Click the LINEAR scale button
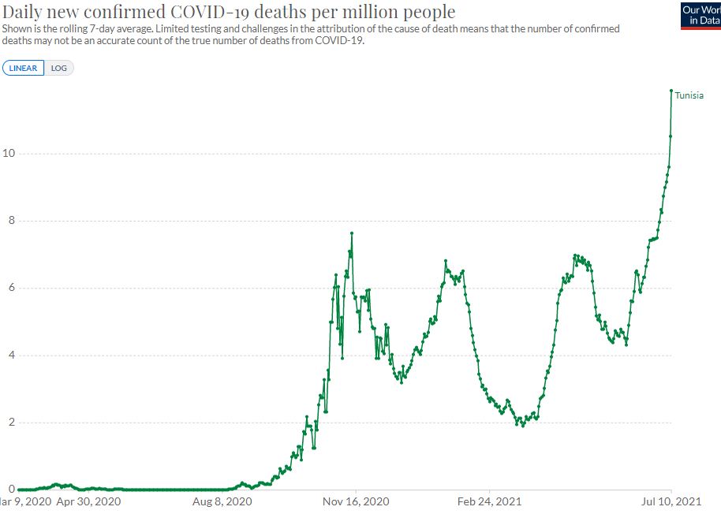(24, 68)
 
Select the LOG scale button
(59, 68)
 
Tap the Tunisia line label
(689, 95)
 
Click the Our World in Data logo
(700, 15)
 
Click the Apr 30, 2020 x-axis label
(89, 501)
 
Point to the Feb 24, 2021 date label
(490, 501)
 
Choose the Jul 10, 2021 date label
(671, 501)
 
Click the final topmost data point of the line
(671, 91)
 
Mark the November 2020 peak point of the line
(352, 233)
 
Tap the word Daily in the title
(24, 13)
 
